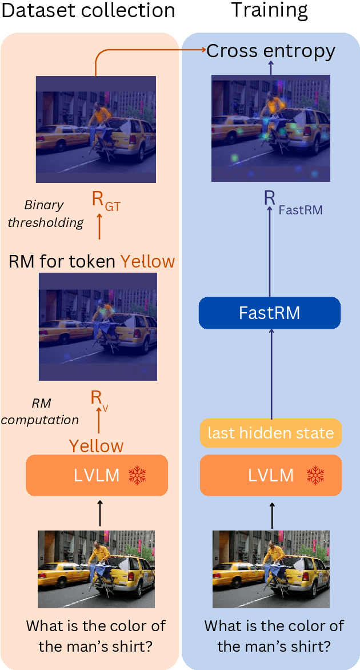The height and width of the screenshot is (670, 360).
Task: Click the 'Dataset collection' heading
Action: pos(88,11)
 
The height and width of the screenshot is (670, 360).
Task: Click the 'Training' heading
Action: pos(269,11)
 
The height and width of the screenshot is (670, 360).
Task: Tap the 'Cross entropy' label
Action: pos(271,51)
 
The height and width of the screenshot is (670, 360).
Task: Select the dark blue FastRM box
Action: pos(269,313)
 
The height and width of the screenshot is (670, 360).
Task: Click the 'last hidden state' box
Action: pos(271,433)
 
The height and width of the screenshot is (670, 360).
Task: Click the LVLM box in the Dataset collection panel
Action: pos(97,475)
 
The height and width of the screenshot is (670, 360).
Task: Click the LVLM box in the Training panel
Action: pos(271,475)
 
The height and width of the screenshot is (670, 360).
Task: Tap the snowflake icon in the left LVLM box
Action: pos(137,475)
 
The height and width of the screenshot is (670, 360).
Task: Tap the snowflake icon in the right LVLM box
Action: pos(316,475)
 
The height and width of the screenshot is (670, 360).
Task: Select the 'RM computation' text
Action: pos(40,412)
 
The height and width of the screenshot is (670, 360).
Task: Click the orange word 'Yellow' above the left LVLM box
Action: pos(96,445)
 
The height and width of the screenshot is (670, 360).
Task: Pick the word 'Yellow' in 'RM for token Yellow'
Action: pos(147,262)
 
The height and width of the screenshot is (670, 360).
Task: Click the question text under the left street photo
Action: pos(96,636)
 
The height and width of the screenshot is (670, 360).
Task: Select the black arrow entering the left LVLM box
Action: pos(99,512)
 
